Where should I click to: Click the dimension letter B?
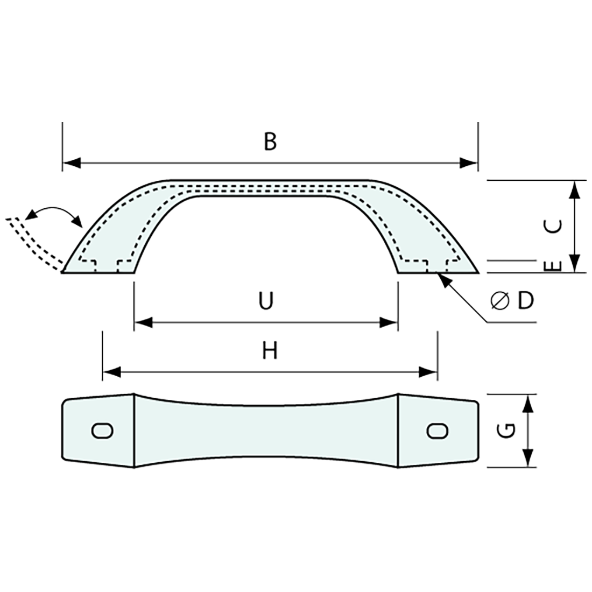coord(270,142)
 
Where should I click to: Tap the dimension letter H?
coord(270,351)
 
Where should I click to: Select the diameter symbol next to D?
coord(500,301)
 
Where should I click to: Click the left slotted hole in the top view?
coord(102,431)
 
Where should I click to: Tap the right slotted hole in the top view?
coord(437,431)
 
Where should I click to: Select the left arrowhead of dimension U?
coord(143,322)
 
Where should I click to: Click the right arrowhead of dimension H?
coord(428,371)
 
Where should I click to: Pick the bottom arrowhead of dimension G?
coord(529,458)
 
